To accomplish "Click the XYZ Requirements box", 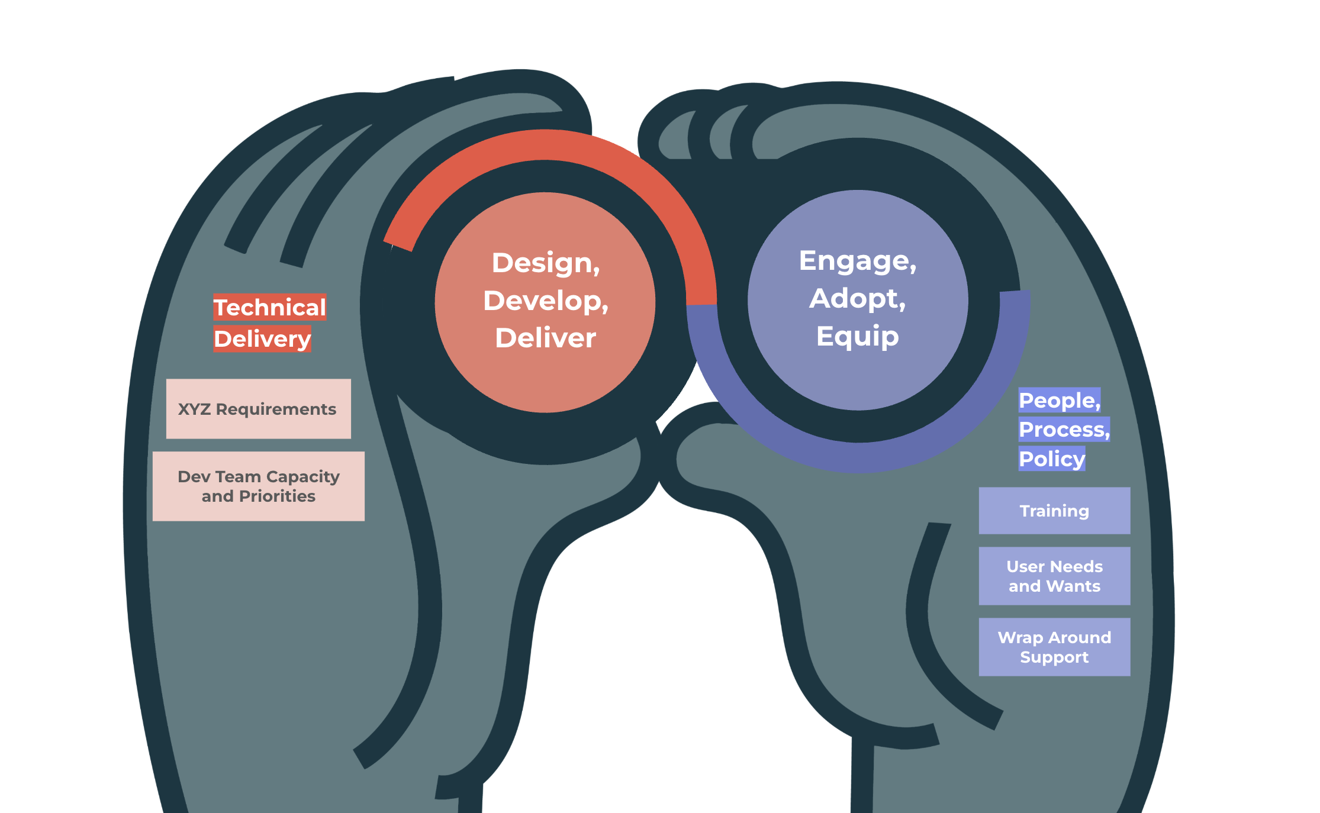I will (x=258, y=409).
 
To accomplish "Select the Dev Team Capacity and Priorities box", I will (x=258, y=486).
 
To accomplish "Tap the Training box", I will (x=1054, y=511).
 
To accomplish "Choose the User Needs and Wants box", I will (x=1054, y=576).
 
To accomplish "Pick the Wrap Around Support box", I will (x=1054, y=647).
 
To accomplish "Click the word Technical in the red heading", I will (x=269, y=308).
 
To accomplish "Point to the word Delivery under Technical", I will (x=262, y=339).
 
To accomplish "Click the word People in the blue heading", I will (x=1058, y=401).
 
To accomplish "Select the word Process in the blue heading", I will (x=1062, y=430).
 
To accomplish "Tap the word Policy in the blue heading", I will (x=1051, y=459).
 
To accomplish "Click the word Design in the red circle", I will (x=545, y=263).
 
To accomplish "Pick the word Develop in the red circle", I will (x=545, y=301).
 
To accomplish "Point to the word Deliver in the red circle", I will (x=545, y=338).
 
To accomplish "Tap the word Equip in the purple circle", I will (x=857, y=336).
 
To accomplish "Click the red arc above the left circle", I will (x=545, y=145).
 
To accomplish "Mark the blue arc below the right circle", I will (x=858, y=457).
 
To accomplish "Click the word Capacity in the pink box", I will (x=302, y=476).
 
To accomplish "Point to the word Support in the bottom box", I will (x=1054, y=657).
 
